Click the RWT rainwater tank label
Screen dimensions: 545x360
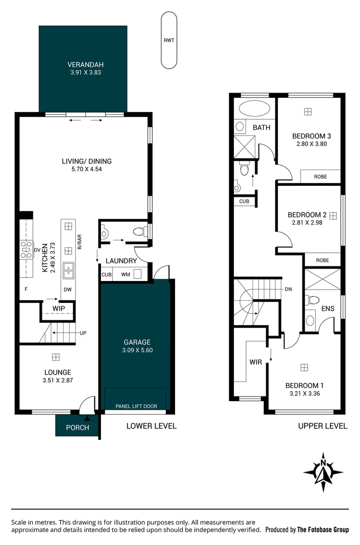[x=168, y=41]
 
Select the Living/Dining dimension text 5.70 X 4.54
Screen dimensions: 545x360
[x=86, y=170]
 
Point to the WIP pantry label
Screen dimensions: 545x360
[x=58, y=308]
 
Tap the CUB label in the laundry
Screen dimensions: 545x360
[x=106, y=275]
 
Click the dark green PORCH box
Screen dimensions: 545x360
[x=77, y=427]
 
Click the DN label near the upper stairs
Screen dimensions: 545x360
[x=288, y=289]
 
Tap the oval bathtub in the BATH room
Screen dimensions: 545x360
[x=255, y=108]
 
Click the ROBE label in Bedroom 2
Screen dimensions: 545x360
[x=322, y=260]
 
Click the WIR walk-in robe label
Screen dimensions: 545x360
[x=256, y=362]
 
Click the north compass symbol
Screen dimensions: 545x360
[x=323, y=471]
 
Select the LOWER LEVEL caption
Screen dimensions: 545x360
[x=151, y=426]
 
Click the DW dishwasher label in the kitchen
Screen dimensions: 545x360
[x=68, y=290]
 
